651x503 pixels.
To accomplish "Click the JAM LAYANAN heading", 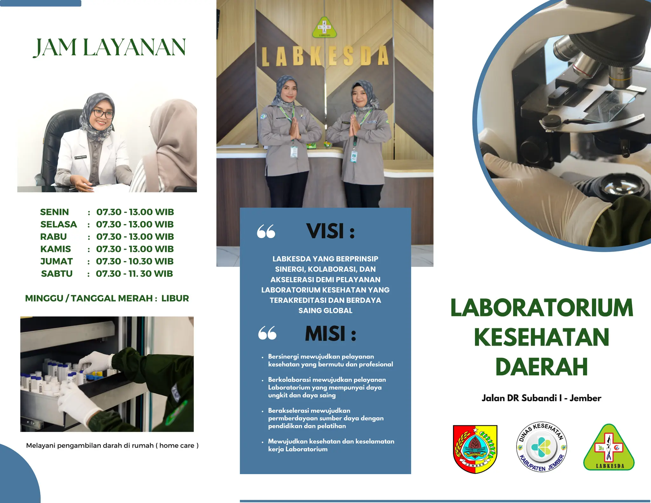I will tap(109, 48).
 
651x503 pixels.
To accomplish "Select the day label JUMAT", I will tap(57, 261).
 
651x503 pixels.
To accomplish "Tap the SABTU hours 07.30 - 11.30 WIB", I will tap(134, 274).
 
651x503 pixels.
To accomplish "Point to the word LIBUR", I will tap(175, 298).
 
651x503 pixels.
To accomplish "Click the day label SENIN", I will tap(54, 212).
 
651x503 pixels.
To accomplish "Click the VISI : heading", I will tap(330, 231).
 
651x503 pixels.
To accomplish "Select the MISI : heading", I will tap(330, 334).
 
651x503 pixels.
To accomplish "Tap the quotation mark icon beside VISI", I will tap(266, 231).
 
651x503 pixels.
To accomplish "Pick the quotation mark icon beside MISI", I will tap(267, 333).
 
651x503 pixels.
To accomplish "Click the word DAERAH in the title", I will tap(541, 367).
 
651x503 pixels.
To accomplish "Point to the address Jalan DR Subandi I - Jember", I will tap(541, 398).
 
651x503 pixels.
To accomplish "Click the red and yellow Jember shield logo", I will tap(475, 449).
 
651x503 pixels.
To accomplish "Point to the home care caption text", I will tap(112, 445).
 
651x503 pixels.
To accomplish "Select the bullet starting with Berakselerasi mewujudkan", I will tap(326, 418).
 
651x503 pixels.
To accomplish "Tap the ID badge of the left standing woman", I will tap(294, 152).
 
